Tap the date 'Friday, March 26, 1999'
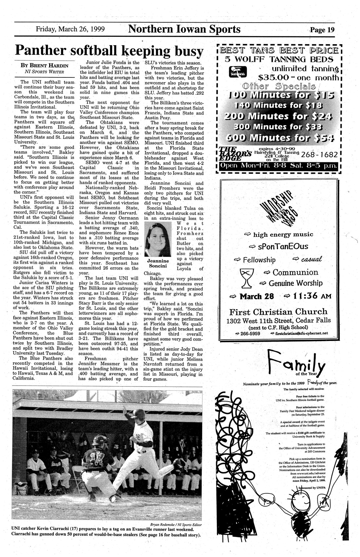pyautogui.click(x=70, y=29)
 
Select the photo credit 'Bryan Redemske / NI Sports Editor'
pyautogui.click(x=174, y=524)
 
